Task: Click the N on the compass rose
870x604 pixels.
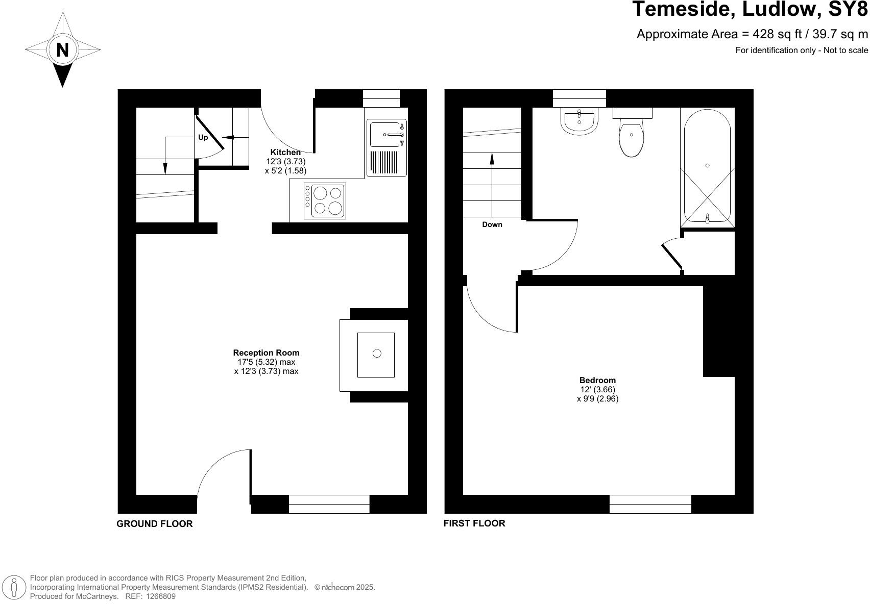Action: pyautogui.click(x=62, y=50)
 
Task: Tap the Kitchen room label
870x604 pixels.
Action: pyautogui.click(x=285, y=152)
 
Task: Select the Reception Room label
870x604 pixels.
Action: pyautogui.click(x=266, y=353)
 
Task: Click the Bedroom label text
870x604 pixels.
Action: pyautogui.click(x=597, y=380)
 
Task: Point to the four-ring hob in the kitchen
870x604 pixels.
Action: pyautogui.click(x=325, y=200)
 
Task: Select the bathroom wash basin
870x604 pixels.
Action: pyautogui.click(x=579, y=121)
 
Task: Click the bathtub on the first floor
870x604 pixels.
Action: pyautogui.click(x=707, y=167)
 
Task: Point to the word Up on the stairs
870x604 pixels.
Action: pyautogui.click(x=203, y=137)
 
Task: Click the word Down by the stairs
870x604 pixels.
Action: pyautogui.click(x=492, y=224)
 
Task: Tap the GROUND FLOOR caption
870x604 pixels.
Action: pyautogui.click(x=155, y=524)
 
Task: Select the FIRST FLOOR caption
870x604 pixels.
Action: pyautogui.click(x=474, y=523)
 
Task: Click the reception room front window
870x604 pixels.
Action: pyautogui.click(x=329, y=504)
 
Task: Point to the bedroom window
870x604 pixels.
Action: pyautogui.click(x=650, y=504)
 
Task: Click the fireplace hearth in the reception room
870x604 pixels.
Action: pyautogui.click(x=376, y=355)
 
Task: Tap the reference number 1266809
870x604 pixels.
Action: pyautogui.click(x=161, y=596)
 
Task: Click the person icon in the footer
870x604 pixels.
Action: pyautogui.click(x=14, y=587)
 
